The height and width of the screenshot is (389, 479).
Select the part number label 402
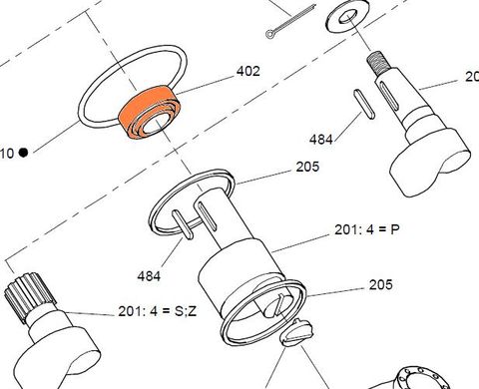(x=247, y=71)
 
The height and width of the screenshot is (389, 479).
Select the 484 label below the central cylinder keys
(x=150, y=273)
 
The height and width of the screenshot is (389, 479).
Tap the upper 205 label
(x=307, y=168)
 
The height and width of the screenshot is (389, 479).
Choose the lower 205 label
(x=380, y=285)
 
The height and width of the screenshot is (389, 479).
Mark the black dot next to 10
(x=22, y=152)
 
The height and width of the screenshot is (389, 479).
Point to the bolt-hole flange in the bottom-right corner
(x=429, y=375)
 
